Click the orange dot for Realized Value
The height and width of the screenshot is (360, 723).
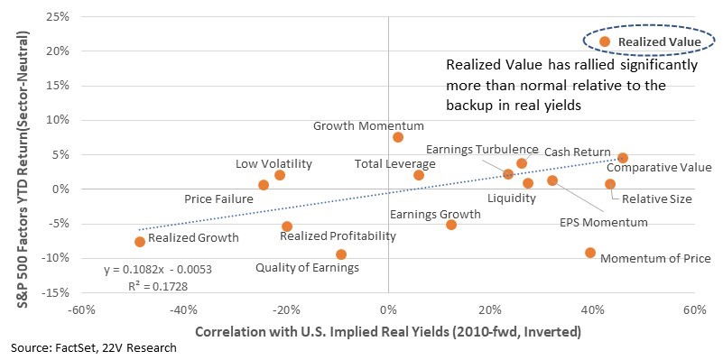pyautogui.click(x=605, y=42)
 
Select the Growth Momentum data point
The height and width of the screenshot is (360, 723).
pyautogui.click(x=398, y=137)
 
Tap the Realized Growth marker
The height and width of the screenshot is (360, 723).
pyautogui.click(x=140, y=242)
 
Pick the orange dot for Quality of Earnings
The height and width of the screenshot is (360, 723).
pyautogui.click(x=341, y=254)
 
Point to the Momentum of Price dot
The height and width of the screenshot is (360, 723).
pyautogui.click(x=590, y=253)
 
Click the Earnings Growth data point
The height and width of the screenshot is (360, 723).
pyautogui.click(x=451, y=225)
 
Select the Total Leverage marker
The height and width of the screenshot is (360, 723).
pyautogui.click(x=419, y=175)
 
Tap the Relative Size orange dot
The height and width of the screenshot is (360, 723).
pyautogui.click(x=610, y=184)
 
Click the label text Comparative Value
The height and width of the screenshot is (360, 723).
pyautogui.click(x=659, y=167)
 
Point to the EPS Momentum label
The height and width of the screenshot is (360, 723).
pyautogui.click(x=604, y=223)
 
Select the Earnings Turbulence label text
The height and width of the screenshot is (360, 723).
pyautogui.click(x=482, y=150)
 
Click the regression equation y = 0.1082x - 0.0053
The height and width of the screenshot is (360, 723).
pyautogui.click(x=158, y=270)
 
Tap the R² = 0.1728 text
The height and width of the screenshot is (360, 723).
pyautogui.click(x=158, y=287)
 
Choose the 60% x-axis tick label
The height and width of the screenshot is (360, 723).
pyautogui.click(x=695, y=309)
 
